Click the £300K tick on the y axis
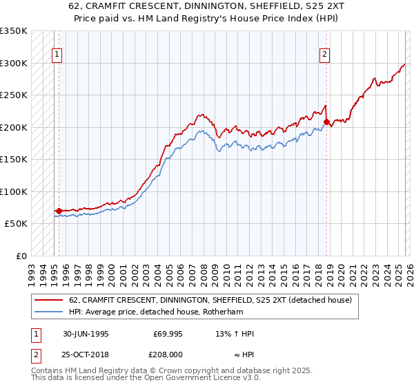tap(14, 63)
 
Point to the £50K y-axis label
tap(16, 224)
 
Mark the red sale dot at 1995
tap(59, 211)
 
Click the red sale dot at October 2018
tap(326, 122)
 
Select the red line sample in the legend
tap(49, 300)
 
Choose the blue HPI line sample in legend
tap(49, 312)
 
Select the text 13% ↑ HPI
tap(235, 334)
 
